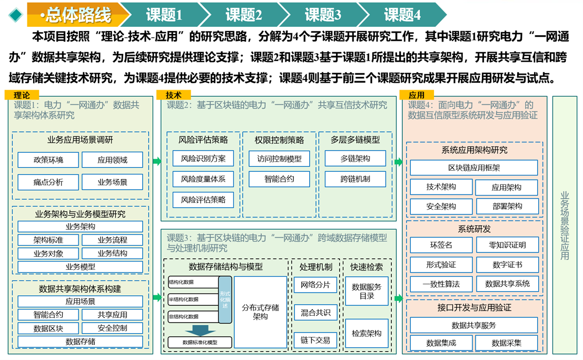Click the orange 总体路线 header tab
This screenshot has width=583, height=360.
coord(76,15)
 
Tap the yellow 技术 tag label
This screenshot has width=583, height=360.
coord(173,95)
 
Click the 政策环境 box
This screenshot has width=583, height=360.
coord(48,160)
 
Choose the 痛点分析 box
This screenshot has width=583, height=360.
coord(48,182)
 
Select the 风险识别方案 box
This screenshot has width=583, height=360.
coord(203,158)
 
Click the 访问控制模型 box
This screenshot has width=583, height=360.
coord(279,158)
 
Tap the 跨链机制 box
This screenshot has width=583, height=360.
coord(355,179)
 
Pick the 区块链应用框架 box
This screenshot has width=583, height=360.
coord(473,168)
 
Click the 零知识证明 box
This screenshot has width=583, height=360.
coord(507,245)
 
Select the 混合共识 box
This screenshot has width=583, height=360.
coord(315,313)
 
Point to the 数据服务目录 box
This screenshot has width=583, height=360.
coord(367,291)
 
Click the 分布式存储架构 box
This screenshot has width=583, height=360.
coord(260,312)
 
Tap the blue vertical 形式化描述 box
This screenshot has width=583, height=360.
coord(225,299)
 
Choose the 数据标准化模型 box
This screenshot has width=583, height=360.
coord(200,342)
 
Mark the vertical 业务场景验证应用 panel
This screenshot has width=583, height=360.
coord(564,226)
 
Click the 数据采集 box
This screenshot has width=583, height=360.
coord(507,343)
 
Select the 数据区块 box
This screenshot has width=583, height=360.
coord(48,328)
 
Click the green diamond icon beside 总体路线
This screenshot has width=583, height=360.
coord(16,15)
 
